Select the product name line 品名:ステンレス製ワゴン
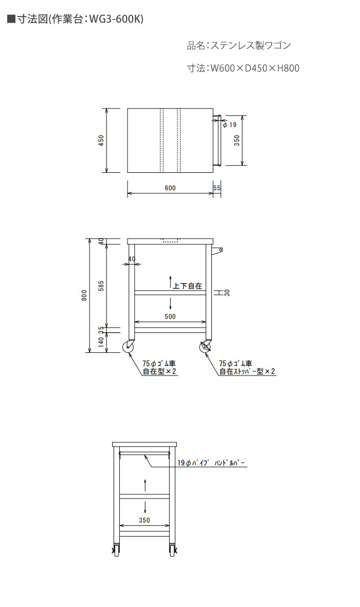[x=239, y=46]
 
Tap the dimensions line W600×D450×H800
[x=243, y=68]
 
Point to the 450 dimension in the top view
[x=101, y=140]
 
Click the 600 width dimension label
[x=170, y=188]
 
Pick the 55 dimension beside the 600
[x=217, y=188]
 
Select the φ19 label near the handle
[x=229, y=124]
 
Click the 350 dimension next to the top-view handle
[x=237, y=140]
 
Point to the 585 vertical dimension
[x=101, y=286]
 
